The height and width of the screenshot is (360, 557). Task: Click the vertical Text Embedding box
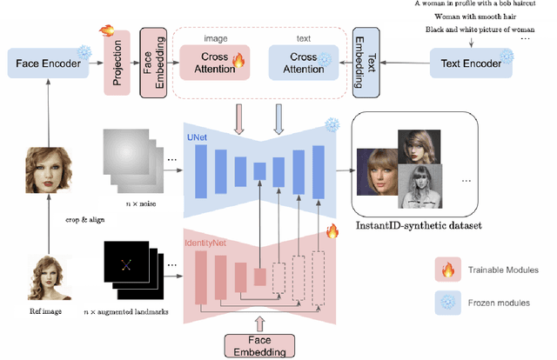click(364, 62)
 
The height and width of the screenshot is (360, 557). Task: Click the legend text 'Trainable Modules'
click(501, 270)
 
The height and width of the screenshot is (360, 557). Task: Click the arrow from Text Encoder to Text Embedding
click(401, 62)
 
